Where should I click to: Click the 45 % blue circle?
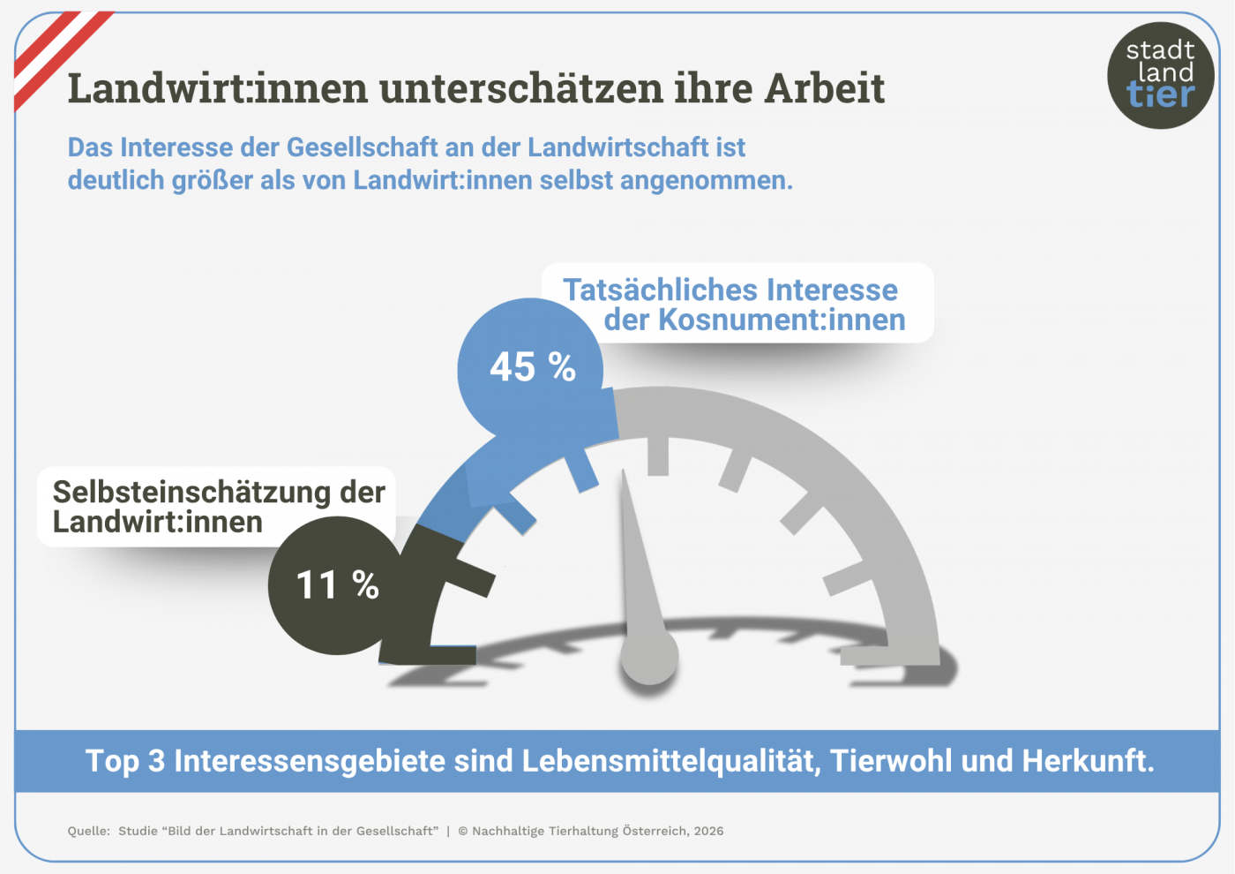(x=530, y=368)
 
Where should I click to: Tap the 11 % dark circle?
(x=336, y=585)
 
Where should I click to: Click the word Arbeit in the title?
(x=824, y=88)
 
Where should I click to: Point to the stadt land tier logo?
(x=1160, y=75)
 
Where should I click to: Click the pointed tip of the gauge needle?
(x=625, y=474)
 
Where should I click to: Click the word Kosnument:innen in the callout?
(x=782, y=320)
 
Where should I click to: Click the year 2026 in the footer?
(x=708, y=831)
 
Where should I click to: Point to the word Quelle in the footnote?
(x=88, y=831)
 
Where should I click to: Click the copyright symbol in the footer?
(x=463, y=831)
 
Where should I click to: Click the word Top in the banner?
(x=112, y=760)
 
